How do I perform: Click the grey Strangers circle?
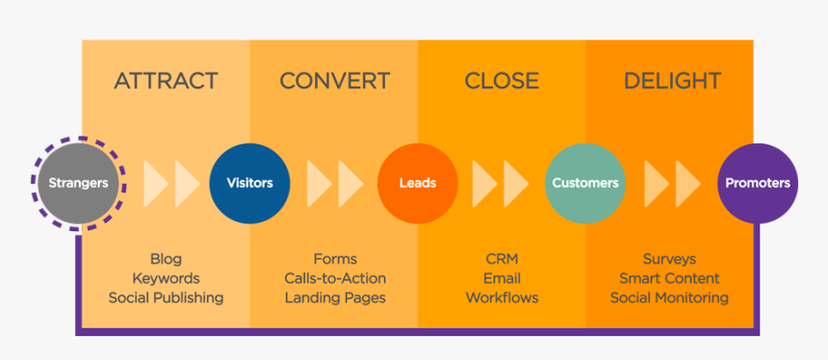[x=79, y=183]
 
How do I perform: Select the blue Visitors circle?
[x=249, y=183]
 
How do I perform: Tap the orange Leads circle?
[x=417, y=183]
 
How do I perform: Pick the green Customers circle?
[x=584, y=183]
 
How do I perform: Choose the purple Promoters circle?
[x=757, y=183]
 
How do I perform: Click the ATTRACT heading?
[x=166, y=81]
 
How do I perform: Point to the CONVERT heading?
[x=334, y=81]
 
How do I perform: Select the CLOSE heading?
[x=501, y=81]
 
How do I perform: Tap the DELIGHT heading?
[x=672, y=81]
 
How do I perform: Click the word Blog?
[x=166, y=259]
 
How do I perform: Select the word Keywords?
[x=166, y=278]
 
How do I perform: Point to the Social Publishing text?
[x=166, y=297]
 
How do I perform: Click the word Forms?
[x=335, y=259]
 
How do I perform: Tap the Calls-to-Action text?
[x=335, y=278]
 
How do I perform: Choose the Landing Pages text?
[x=335, y=297]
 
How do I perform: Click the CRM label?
[x=501, y=259]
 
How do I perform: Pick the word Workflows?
[x=501, y=297]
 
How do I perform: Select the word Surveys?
[x=669, y=259]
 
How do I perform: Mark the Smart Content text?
[x=669, y=278]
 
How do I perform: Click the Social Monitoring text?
[x=669, y=297]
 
